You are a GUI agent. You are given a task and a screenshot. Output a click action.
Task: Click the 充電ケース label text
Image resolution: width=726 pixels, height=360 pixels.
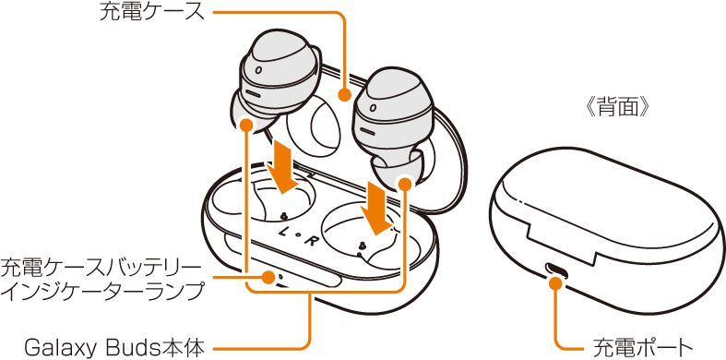(152, 13)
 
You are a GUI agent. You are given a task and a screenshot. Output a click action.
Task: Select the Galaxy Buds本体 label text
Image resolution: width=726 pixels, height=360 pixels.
(113, 347)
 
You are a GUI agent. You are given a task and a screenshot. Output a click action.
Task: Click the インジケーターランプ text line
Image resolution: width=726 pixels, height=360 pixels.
(102, 292)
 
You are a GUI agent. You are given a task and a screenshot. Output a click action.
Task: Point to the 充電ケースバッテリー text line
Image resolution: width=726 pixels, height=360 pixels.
(101, 269)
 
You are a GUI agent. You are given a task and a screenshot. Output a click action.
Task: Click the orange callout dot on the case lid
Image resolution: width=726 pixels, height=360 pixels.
(344, 95)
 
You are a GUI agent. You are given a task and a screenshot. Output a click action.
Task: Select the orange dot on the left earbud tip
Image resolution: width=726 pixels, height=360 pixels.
(246, 125)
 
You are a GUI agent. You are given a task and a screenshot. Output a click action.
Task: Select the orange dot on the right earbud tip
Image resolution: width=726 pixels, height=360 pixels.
(404, 184)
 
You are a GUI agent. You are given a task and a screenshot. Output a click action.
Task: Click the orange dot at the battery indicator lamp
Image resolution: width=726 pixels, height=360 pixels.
(268, 278)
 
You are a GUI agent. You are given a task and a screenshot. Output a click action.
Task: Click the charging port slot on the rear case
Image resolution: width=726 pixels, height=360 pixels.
(555, 269)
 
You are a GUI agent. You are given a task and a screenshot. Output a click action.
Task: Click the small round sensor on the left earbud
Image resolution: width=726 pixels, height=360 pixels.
(257, 71)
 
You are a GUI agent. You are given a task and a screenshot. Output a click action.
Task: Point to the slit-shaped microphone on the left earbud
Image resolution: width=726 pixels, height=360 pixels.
(253, 93)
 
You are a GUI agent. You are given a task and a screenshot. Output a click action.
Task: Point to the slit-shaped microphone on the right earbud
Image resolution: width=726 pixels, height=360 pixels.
(368, 131)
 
